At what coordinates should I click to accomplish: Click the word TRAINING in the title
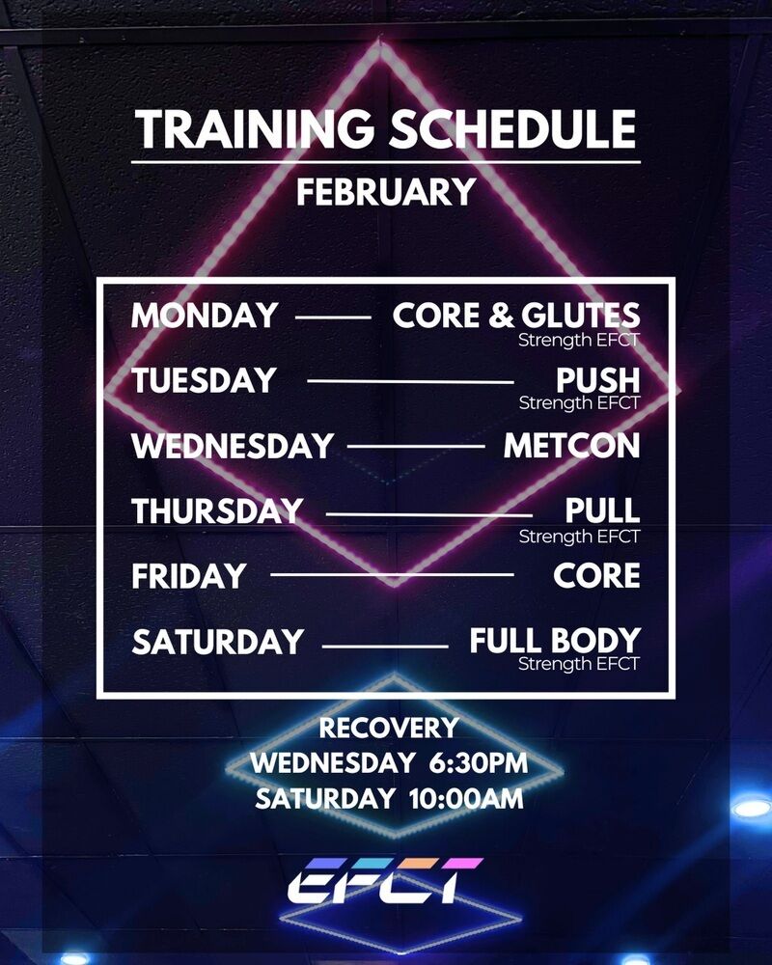(255, 129)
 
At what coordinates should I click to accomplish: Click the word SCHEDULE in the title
(512, 129)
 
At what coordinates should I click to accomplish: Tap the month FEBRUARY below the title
(386, 192)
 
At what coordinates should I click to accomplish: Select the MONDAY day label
(205, 316)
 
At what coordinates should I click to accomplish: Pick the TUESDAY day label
(204, 380)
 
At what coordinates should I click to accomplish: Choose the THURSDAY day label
(217, 510)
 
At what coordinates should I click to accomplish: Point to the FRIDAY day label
(189, 576)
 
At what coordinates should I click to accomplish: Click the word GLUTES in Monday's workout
(581, 316)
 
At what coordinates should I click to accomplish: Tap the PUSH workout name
(597, 380)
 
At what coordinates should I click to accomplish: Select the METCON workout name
(572, 446)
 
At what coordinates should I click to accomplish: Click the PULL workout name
(603, 510)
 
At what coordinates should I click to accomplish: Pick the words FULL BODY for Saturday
(555, 641)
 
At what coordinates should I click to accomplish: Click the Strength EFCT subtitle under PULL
(579, 537)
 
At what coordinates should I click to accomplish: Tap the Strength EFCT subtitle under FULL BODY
(579, 664)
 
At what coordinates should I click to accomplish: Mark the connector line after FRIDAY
(392, 575)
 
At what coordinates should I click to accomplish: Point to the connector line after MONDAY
(333, 317)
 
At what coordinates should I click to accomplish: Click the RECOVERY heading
(389, 728)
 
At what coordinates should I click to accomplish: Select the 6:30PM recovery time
(479, 763)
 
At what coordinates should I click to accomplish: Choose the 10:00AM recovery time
(467, 799)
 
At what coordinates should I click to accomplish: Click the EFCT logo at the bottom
(385, 881)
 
